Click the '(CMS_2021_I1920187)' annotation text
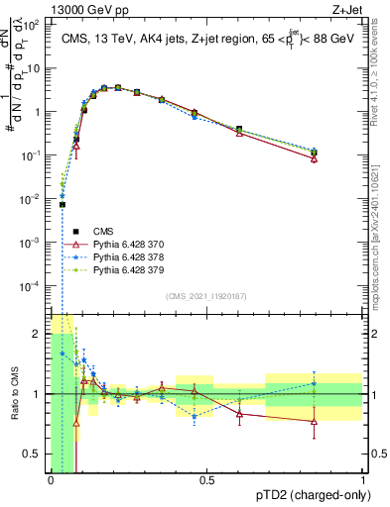tap(205, 296)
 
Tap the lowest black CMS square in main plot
tap(62, 205)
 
